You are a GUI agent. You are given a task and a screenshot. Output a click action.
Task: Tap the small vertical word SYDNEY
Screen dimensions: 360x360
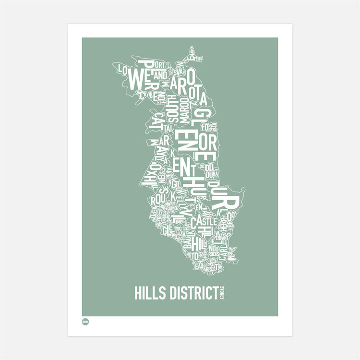pyautogui.click(x=223, y=294)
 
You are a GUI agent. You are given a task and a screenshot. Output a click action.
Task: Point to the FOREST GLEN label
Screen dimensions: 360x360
pyautogui.click(x=208, y=127)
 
